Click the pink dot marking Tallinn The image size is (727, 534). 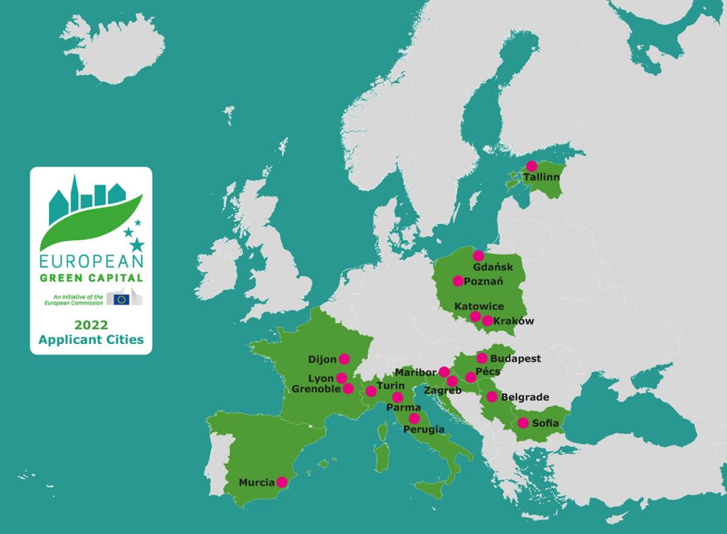coord(532,166)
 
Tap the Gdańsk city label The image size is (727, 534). coord(493,267)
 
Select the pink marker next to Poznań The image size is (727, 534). coord(458,281)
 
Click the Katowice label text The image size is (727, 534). coord(479,306)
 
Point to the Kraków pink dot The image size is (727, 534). coord(487,321)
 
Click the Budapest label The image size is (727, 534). coord(515,359)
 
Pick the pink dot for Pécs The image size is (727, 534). coord(471,377)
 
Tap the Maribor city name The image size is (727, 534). coord(416,372)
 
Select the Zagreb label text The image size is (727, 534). coord(442,391)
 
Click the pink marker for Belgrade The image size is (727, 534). coord(491,396)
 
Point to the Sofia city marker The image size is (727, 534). coord(523,423)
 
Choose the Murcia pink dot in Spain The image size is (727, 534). coord(281,482)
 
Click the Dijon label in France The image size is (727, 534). coord(323,360)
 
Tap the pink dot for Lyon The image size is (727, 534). coord(341,378)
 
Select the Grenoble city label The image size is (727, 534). coord(317,389)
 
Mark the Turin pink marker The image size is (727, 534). coord(371,391)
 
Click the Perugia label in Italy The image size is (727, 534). coord(424,430)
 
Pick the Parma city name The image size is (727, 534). coord(403,408)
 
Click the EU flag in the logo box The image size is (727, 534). coord(121,299)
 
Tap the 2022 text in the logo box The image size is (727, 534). coord(91,325)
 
